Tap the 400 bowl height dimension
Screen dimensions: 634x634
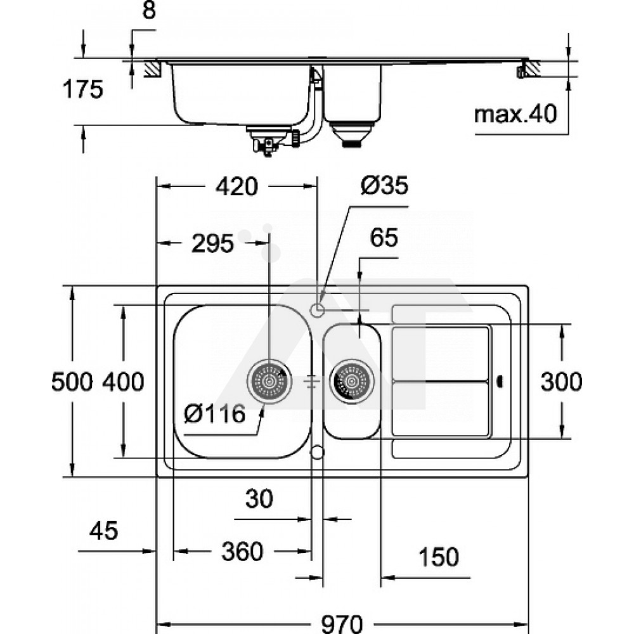(124, 382)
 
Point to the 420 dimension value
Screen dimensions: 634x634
(236, 187)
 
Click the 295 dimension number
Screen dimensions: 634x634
(212, 243)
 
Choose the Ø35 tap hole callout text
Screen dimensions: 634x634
(384, 186)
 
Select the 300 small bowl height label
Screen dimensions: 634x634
(560, 382)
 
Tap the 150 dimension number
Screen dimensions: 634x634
(438, 557)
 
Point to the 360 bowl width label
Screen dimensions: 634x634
(242, 552)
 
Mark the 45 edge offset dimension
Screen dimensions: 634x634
(103, 531)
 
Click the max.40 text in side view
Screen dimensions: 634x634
(515, 115)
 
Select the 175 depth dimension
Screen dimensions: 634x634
(82, 89)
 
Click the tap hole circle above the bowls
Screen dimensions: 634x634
(318, 309)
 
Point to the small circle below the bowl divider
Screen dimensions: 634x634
(318, 451)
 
